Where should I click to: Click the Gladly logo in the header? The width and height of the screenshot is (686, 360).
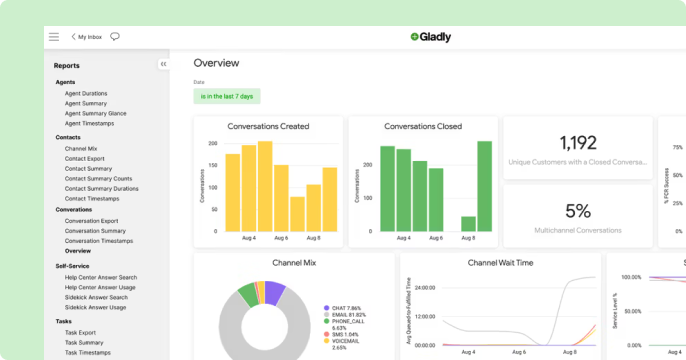pos(430,37)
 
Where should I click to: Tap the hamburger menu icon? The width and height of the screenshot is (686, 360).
pos(54,37)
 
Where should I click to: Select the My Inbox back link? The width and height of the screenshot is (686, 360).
pos(87,37)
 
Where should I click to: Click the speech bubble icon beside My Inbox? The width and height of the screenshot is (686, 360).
pos(115,37)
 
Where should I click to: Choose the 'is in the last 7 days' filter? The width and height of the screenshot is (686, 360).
pos(227,96)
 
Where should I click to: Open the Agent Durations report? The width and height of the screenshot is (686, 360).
pos(86,93)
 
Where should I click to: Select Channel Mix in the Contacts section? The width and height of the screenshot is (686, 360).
pos(81,148)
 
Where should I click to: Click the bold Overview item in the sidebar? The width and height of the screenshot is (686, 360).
pos(78,251)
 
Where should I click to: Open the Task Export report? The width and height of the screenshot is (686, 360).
pos(81,332)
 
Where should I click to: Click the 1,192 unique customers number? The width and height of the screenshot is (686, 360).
pos(578,143)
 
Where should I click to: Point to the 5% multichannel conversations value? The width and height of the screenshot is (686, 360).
pos(578,211)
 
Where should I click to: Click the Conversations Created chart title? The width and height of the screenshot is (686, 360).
pos(268,127)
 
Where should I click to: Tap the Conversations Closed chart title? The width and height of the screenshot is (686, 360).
pos(422,127)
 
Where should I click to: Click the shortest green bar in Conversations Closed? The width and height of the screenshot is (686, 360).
pos(468,224)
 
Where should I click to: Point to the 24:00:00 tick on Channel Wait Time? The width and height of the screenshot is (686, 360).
pos(424,287)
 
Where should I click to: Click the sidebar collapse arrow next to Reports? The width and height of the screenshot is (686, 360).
pos(162,64)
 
